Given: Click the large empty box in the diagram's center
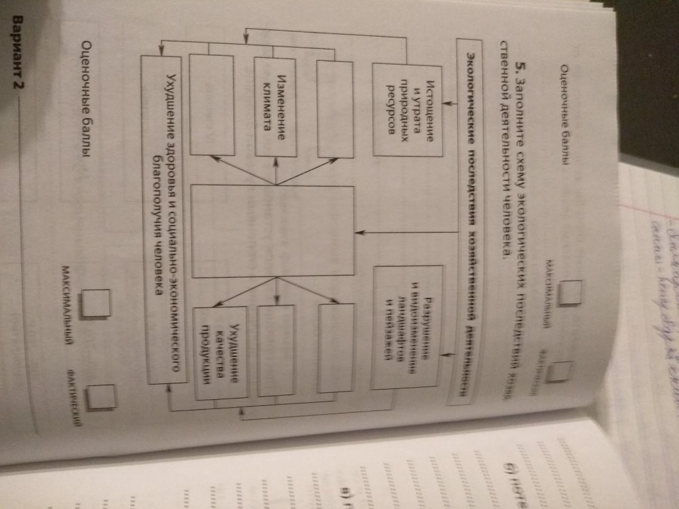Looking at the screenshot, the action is pos(273,230).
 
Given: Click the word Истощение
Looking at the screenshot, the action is pos(429,109).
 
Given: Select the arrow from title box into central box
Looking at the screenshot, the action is pos(409,232).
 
